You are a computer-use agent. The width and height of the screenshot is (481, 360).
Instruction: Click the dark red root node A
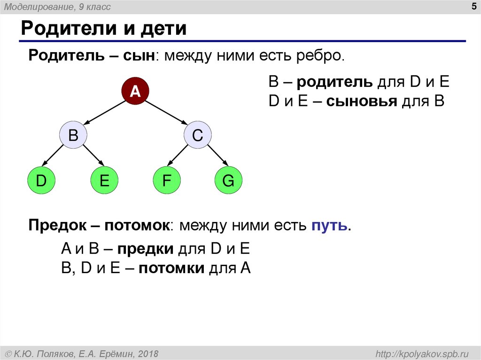[x=135, y=90]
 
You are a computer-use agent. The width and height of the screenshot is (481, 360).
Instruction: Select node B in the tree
[x=73, y=136]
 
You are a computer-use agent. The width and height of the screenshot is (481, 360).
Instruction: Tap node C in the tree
[x=197, y=136]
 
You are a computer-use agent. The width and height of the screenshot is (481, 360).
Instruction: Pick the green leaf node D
[x=41, y=181]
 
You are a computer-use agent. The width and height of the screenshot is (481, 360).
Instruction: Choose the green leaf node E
[x=104, y=181]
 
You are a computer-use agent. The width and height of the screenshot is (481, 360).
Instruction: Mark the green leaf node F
[x=166, y=181]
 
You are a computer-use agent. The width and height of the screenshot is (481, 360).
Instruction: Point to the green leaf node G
[x=228, y=181]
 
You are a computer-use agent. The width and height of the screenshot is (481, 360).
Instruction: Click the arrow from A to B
[x=104, y=113]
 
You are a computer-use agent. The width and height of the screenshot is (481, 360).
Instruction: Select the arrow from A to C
[x=167, y=113]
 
